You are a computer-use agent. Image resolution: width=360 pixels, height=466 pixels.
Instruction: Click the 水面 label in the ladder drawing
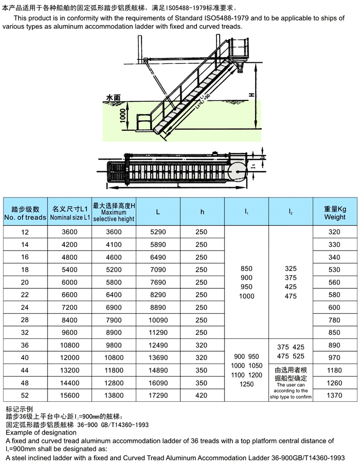point(113,97)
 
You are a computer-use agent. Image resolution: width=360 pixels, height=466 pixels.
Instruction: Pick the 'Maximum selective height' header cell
point(114,212)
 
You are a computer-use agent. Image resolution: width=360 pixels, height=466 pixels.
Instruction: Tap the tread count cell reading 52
point(25,396)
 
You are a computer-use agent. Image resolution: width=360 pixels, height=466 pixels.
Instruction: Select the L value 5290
point(158,232)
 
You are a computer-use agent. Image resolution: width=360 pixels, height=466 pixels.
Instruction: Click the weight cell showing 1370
point(335,396)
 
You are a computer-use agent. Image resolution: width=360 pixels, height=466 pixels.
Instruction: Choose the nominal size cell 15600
point(70,396)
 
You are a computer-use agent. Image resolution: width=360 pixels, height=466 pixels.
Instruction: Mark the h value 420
point(202,396)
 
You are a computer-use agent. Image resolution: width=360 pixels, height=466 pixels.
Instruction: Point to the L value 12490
point(158,345)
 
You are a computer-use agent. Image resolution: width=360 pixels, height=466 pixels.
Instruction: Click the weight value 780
point(335,320)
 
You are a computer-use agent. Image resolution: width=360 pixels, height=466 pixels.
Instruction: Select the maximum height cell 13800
point(114,396)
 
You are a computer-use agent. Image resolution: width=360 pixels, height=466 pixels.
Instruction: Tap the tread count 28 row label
point(25,320)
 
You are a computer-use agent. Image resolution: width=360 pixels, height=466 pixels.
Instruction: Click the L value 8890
point(158,307)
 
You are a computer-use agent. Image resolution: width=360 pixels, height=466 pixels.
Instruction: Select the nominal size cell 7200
point(70,307)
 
